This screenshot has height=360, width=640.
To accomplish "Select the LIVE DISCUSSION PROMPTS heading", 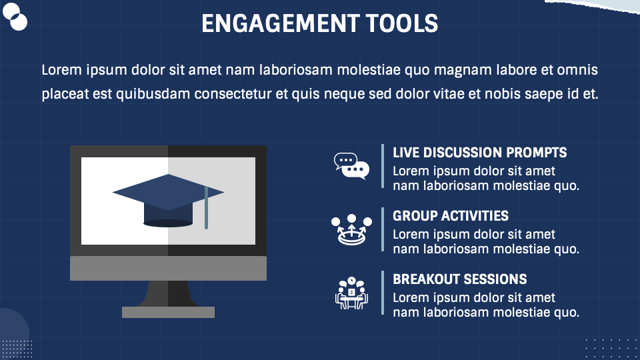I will [x=479, y=153].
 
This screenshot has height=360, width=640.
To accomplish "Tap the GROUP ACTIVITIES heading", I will [x=450, y=216].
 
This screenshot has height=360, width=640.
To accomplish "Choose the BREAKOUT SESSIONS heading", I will [x=459, y=279].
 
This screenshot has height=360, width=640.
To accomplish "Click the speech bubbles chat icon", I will [x=351, y=166].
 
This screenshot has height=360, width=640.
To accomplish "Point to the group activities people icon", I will [x=351, y=230].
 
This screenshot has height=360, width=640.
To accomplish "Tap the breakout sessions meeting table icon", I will [x=351, y=293].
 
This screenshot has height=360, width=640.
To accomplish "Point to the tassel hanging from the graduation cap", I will [x=206, y=209].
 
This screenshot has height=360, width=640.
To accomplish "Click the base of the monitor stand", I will [x=168, y=312].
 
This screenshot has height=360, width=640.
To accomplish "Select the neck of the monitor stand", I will [x=168, y=293].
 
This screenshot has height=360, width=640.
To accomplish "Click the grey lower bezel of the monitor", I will [x=168, y=268].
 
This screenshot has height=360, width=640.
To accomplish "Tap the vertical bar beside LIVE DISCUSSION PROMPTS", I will [x=383, y=166].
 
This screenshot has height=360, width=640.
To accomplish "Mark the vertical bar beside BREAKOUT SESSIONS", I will [x=383, y=293].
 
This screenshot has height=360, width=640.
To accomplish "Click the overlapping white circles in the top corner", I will [x=15, y=17].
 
